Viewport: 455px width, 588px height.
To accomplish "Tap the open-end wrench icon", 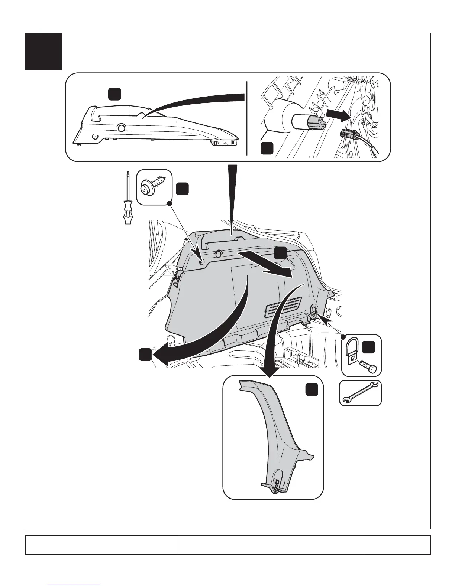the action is click(360, 393).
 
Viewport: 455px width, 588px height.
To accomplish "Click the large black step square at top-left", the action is click(43, 52).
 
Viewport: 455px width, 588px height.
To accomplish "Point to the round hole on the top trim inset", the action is click(121, 128).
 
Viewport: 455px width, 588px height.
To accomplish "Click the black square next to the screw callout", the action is click(182, 189).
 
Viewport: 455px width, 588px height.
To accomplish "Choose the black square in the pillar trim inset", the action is click(312, 390).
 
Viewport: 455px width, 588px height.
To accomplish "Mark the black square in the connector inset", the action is click(267, 148).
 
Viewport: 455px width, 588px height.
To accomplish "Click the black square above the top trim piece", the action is click(114, 94).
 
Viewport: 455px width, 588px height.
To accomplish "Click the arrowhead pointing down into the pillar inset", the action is click(268, 371).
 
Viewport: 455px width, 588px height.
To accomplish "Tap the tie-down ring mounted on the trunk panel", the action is click(313, 311).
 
